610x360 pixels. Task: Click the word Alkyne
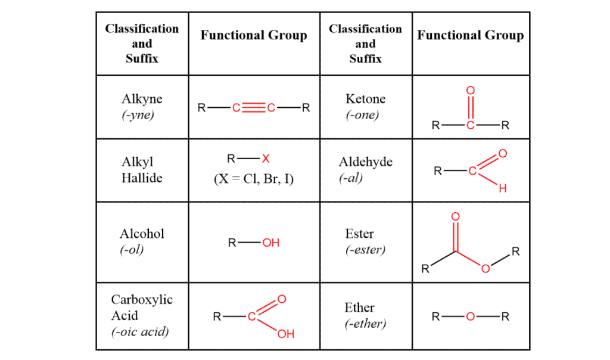pos(142,99)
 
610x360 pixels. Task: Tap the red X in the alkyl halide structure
pos(266,159)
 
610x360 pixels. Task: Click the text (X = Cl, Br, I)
pos(254,179)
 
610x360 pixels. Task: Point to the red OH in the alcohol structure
pos(270,243)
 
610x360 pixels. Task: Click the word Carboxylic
pos(142,299)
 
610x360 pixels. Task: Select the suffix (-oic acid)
pos(140,331)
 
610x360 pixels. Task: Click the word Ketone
pos(365,99)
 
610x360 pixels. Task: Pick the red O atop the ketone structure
pos(471,90)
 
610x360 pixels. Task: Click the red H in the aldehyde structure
pos(502,189)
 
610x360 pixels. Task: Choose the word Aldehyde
pos(365,162)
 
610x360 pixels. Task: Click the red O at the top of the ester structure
pos(456,216)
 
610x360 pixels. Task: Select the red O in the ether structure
pos(471,316)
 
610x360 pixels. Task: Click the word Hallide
pos(142,178)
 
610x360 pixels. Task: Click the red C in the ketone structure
pos(471,126)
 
